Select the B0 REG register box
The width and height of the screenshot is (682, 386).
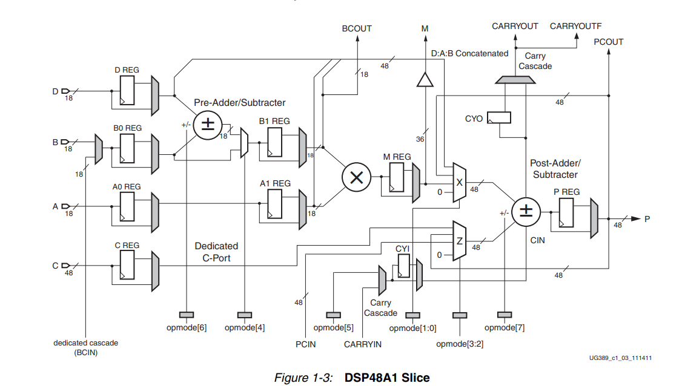[x=127, y=148]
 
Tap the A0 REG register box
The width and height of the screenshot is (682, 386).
[x=127, y=207]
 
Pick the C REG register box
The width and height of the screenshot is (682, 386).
[x=127, y=266]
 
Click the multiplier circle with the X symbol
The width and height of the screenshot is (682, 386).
[x=356, y=177]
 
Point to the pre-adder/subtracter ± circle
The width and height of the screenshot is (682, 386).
[x=207, y=126]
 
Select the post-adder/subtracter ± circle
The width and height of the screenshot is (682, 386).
[x=526, y=212]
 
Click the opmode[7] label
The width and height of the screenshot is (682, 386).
[x=505, y=327]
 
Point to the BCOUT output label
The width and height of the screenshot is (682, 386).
[x=357, y=28]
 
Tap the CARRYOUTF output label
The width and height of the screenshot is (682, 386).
[x=575, y=26]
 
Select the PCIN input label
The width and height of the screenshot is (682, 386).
[x=306, y=344]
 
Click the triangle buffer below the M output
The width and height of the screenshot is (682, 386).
[x=426, y=79]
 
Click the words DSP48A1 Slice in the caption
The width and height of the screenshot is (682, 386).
[x=387, y=378]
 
